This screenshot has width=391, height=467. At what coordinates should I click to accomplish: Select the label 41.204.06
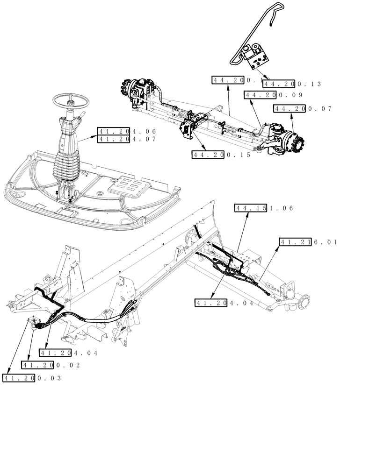126,131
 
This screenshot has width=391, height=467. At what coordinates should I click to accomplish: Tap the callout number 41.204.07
126,139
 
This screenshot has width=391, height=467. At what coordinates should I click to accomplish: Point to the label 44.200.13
292,84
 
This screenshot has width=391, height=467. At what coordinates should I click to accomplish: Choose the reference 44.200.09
274,95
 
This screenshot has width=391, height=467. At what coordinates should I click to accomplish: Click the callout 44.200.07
303,109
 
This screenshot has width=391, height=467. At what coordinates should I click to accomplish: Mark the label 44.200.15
221,155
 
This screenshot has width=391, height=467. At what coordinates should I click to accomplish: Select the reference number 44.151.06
264,208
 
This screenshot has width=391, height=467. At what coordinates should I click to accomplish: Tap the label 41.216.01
308,242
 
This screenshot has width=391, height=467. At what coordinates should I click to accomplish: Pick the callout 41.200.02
51,365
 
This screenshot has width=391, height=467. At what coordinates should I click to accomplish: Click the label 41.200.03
32,378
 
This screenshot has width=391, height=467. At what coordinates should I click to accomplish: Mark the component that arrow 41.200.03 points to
34,323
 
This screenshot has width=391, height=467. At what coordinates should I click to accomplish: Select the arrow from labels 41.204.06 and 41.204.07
87,138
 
